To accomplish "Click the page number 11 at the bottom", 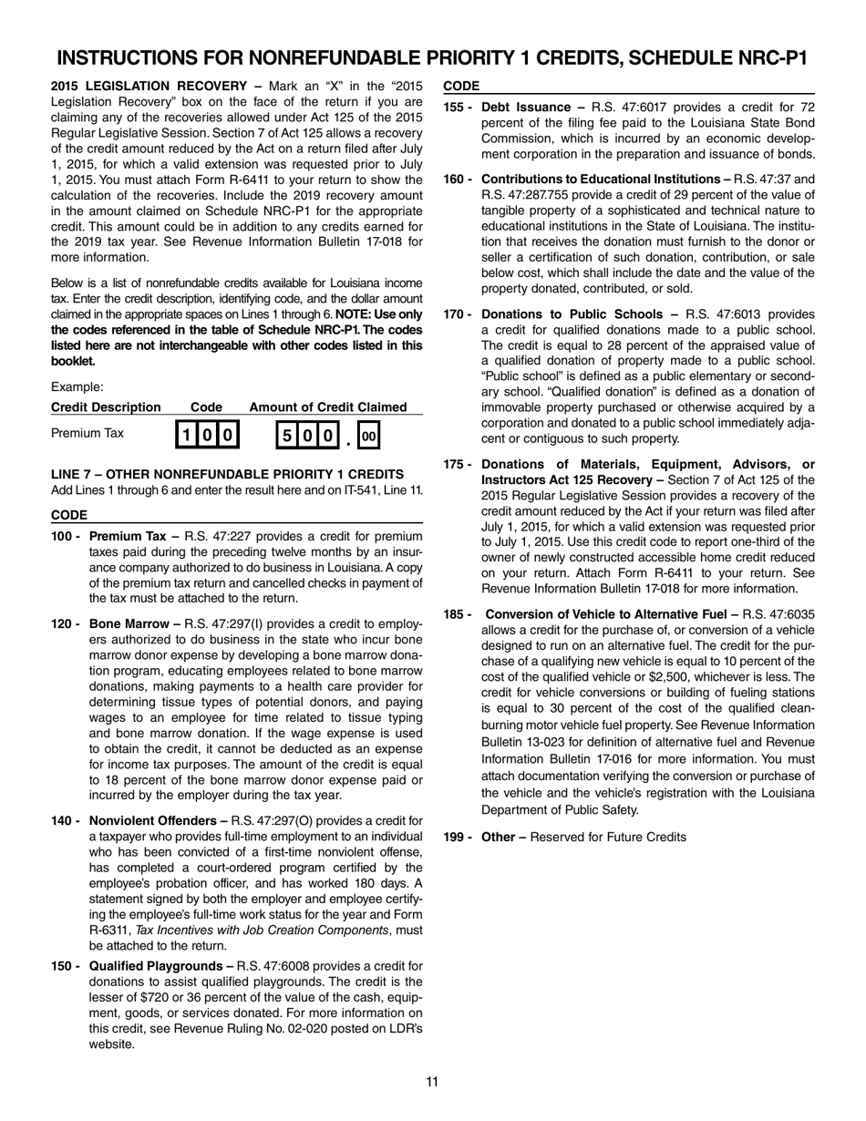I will click(x=432, y=1082).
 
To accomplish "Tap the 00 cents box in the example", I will click(x=368, y=436).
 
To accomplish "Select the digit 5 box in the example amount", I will click(x=286, y=436).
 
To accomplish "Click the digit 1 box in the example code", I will click(x=186, y=436).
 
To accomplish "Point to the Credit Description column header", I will click(x=106, y=406).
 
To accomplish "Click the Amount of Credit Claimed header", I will click(x=328, y=406).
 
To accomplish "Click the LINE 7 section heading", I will click(x=227, y=474).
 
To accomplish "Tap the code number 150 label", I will click(x=63, y=965).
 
